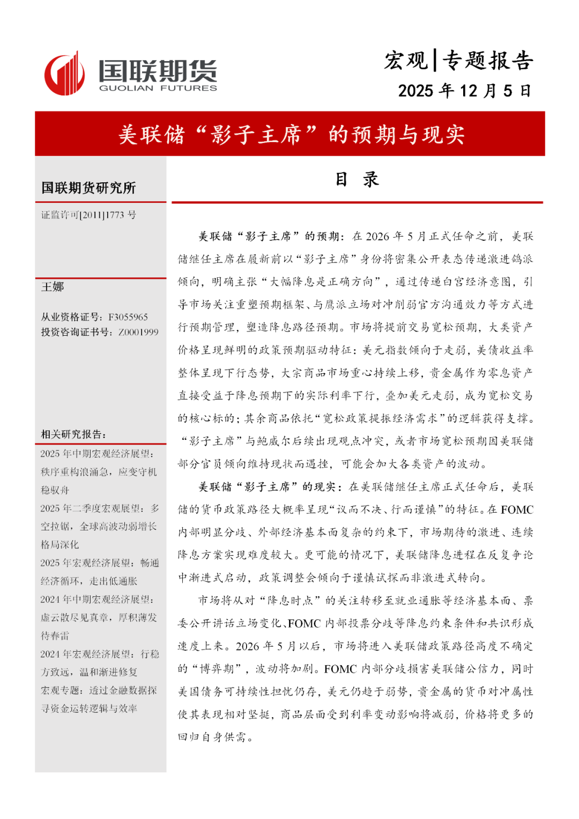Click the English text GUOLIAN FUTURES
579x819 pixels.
coord(158,88)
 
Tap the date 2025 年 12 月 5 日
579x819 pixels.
coord(464,91)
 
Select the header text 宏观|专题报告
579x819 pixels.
coord(458,61)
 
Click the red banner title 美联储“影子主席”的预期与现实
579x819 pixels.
coord(291,135)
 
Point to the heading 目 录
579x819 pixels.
coord(357,179)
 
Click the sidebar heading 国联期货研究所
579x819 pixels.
coord(88,188)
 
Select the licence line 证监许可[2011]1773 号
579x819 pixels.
coord(88,215)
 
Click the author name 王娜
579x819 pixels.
coord(53,287)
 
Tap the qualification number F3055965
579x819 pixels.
coord(128,317)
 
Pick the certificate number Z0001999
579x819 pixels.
coord(138,332)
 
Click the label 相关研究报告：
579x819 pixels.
coord(74,434)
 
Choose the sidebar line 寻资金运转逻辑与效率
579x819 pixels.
coord(89,709)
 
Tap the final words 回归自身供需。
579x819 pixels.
coord(216,737)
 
